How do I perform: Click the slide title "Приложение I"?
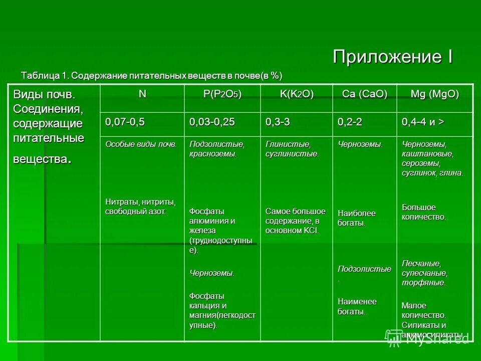point(393,56)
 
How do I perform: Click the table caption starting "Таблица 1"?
point(151,76)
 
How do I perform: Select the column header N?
point(143,94)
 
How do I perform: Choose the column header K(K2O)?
point(297,95)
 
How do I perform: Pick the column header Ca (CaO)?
point(364,95)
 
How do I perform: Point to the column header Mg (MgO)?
point(434,95)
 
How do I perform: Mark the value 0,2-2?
point(351,122)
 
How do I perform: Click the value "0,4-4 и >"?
point(423,122)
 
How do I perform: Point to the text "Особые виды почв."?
point(141,144)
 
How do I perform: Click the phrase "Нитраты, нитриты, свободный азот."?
point(140,207)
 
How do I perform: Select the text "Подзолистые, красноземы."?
point(216,149)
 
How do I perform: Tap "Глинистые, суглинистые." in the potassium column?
point(292,149)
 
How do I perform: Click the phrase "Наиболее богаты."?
point(356,218)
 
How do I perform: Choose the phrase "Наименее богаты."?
point(357,306)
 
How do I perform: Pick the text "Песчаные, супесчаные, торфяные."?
point(424,273)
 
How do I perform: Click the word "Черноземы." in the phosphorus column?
point(212,273)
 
